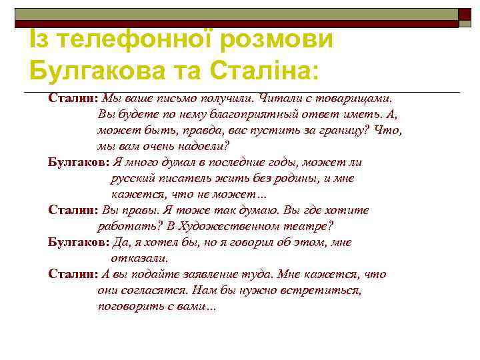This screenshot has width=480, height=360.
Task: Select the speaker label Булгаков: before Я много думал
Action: (77, 162)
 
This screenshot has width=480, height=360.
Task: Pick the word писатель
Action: (184, 178)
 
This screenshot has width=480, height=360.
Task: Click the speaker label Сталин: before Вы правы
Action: (73, 210)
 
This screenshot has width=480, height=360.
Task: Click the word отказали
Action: (140, 258)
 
